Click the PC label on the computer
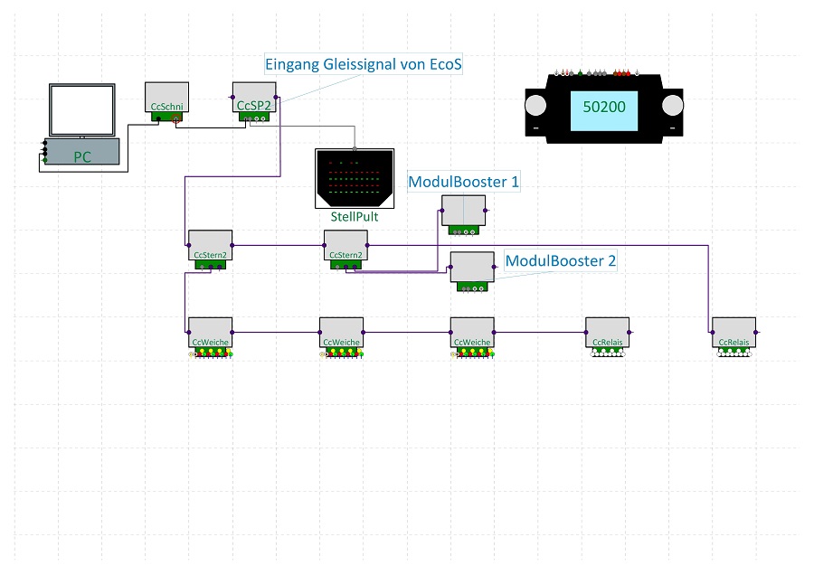(x=82, y=156)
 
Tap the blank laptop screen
(x=82, y=110)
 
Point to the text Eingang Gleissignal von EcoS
(x=364, y=64)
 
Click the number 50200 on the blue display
(x=604, y=107)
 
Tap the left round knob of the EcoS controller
(x=535, y=106)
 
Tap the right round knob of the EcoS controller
(x=673, y=106)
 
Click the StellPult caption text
(x=355, y=216)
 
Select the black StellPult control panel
(x=355, y=178)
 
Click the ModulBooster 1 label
(x=464, y=182)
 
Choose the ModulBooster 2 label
(x=561, y=260)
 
